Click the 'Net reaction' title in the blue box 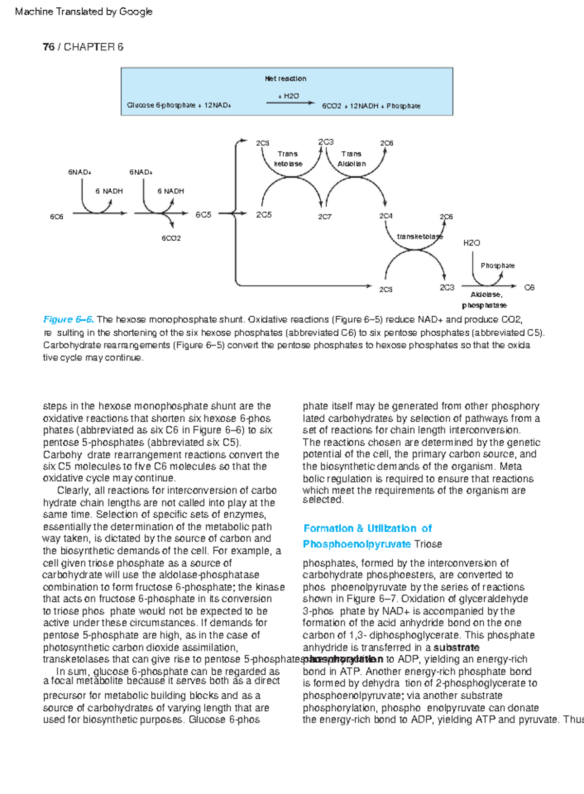[285, 78]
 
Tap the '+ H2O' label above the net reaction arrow [289, 96]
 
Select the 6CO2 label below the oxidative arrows [171, 238]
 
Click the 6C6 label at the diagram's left [56, 217]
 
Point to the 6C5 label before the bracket [203, 215]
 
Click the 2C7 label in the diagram [325, 217]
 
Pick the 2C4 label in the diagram [386, 216]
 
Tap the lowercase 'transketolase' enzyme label [420, 236]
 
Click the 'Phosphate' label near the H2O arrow [497, 265]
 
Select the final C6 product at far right [529, 288]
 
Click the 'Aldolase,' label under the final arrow [486, 294]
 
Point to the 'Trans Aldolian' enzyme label [351, 159]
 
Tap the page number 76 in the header [48, 47]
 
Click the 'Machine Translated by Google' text [84, 11]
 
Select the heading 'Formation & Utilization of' [367, 528]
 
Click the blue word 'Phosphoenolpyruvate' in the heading [357, 544]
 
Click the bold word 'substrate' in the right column [456, 648]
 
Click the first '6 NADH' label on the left [109, 191]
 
